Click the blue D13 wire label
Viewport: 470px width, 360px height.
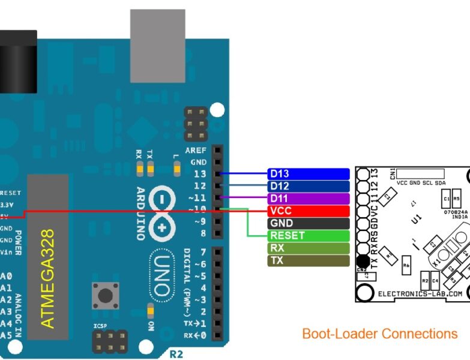308,173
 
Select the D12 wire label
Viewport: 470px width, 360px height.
308,186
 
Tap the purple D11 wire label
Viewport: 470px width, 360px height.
308,199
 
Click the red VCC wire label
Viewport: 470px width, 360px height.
308,211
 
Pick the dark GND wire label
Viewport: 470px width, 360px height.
308,223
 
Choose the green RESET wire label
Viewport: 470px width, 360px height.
308,236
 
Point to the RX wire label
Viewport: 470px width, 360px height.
308,248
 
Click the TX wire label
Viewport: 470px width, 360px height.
308,260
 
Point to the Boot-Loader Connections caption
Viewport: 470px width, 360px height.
379,334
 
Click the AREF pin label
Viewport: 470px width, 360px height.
196,150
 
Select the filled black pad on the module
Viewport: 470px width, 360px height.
363,261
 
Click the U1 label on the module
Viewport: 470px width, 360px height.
414,220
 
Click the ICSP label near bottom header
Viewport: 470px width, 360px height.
100,326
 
